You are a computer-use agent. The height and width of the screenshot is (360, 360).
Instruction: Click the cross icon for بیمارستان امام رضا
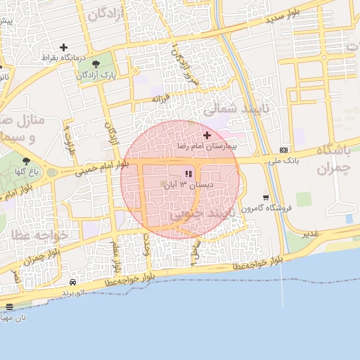tap(207, 134)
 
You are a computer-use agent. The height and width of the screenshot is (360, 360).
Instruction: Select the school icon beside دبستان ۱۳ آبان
tap(188, 173)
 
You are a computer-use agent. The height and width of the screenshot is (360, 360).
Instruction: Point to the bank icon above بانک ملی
tap(283, 150)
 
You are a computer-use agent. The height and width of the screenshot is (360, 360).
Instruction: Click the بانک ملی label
tap(283, 161)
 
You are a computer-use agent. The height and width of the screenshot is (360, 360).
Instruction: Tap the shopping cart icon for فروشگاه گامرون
tap(265, 198)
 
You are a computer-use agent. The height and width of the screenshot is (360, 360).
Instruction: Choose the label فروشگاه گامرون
tap(264, 209)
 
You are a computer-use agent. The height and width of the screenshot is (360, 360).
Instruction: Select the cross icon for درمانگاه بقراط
tap(64, 46)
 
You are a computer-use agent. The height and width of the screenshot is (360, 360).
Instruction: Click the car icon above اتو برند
tap(73, 282)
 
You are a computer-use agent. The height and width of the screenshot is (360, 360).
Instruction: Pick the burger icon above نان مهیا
tap(8, 307)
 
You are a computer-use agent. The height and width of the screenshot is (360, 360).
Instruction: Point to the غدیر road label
tap(309, 233)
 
